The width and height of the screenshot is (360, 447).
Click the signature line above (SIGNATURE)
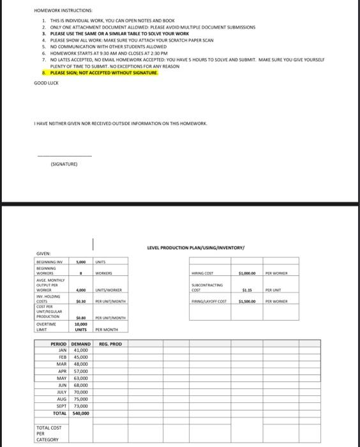click(64, 156)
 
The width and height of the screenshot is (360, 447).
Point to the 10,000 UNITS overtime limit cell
click(81, 326)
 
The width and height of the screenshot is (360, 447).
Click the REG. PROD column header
click(110, 344)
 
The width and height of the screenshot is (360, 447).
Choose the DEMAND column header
click(81, 344)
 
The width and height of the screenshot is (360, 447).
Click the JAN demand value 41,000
click(81, 351)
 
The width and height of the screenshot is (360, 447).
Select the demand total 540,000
click(80, 413)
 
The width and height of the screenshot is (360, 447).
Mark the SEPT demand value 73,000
click(81, 406)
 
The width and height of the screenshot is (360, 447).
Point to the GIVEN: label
click(43, 254)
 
